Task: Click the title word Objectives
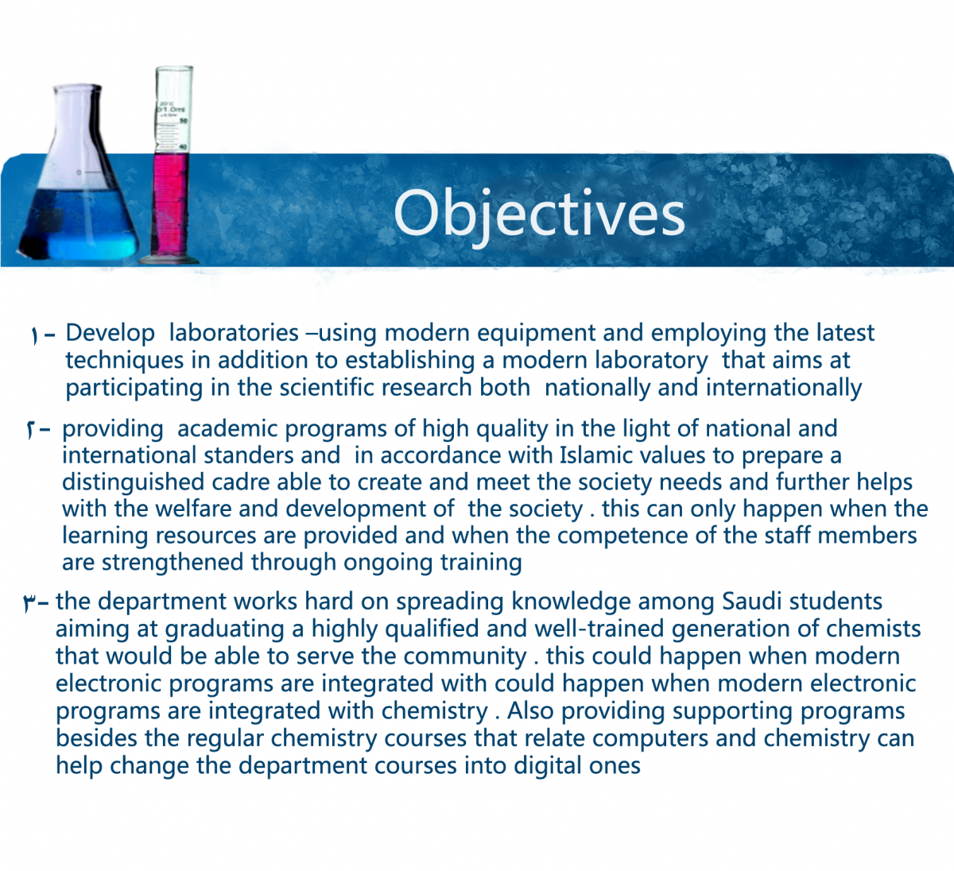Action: (x=539, y=215)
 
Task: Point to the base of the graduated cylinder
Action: (x=169, y=260)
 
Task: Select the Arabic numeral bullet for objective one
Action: (x=33, y=335)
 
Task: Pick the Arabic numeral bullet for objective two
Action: (x=30, y=430)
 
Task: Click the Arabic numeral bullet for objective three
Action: (x=28, y=603)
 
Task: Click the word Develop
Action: (x=110, y=333)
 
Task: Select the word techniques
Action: (x=125, y=361)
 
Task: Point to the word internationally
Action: (x=784, y=389)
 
